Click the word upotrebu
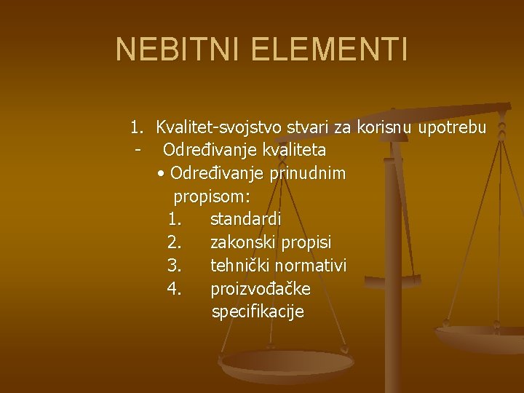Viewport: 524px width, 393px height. pyautogui.click(x=455, y=129)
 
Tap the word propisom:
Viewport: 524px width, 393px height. pyautogui.click(x=212, y=196)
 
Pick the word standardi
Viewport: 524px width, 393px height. pyautogui.click(x=245, y=219)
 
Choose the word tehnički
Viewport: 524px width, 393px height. pyautogui.click(x=239, y=266)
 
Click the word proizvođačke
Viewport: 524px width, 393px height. pyautogui.click(x=261, y=289)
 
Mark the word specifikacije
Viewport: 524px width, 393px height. pyautogui.click(x=258, y=312)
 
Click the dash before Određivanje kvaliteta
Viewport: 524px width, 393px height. pyautogui.click(x=137, y=151)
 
